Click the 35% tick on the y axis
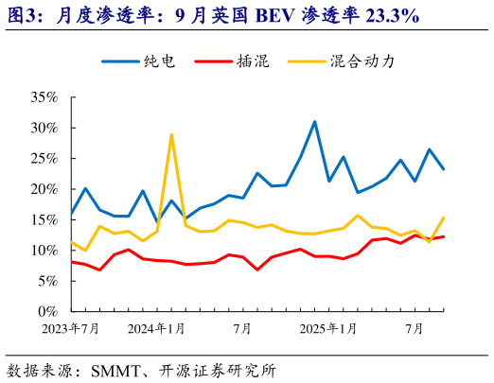(44, 97)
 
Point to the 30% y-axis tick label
(44, 128)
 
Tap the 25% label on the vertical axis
(44, 159)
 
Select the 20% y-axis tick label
(44, 189)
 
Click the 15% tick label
(44, 220)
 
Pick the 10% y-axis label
(44, 251)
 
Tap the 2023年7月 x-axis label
(72, 329)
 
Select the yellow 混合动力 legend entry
(362, 61)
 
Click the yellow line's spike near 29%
(171, 134)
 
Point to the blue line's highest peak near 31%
(314, 122)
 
